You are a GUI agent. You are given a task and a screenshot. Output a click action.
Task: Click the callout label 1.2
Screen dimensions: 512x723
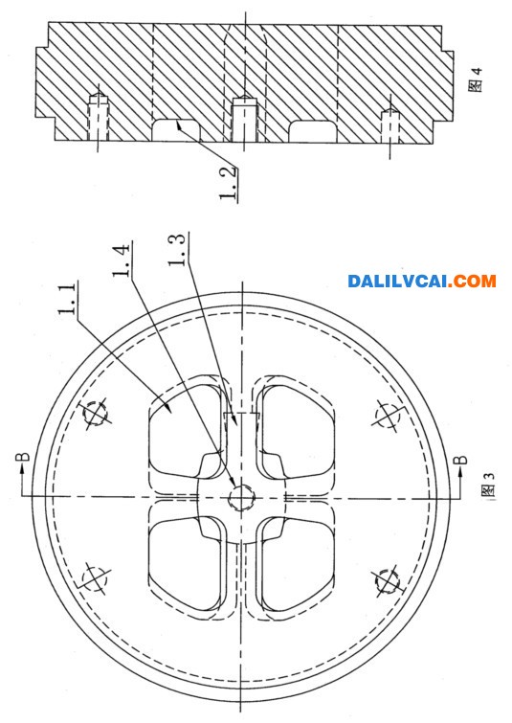229,183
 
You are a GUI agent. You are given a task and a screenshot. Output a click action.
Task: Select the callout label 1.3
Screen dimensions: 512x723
177,249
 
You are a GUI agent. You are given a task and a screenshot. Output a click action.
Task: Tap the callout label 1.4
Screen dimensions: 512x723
121,260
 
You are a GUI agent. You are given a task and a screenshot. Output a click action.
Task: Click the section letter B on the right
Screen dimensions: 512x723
460,461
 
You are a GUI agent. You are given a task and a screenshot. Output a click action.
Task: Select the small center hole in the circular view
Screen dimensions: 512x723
241,498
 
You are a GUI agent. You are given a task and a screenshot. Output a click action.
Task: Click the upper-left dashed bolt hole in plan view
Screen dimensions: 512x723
96,414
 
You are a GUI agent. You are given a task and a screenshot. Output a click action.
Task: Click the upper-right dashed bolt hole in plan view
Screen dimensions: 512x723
388,415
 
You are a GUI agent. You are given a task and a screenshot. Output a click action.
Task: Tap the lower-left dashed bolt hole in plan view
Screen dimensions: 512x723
95,578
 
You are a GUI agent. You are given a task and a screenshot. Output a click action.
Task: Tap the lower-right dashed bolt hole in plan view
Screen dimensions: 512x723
388,581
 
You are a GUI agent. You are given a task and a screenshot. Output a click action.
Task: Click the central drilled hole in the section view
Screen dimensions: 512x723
243,119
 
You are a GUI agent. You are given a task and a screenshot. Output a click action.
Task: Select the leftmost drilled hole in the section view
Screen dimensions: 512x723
99,117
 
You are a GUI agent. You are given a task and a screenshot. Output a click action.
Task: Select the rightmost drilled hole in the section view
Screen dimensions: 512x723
390,125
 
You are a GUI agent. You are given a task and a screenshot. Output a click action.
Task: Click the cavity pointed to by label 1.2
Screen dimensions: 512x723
176,130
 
